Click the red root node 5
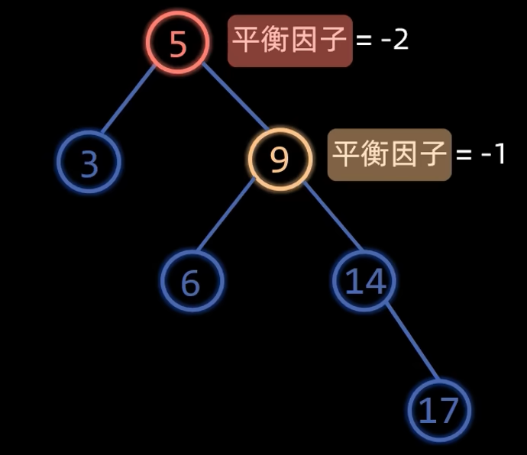(178, 43)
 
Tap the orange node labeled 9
(280, 158)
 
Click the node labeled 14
(364, 280)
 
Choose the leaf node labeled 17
(438, 410)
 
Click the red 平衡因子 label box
(290, 40)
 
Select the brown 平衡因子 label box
(390, 154)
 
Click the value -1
(493, 154)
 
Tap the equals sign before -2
(364, 40)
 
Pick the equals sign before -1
(464, 155)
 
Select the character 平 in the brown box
(346, 154)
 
